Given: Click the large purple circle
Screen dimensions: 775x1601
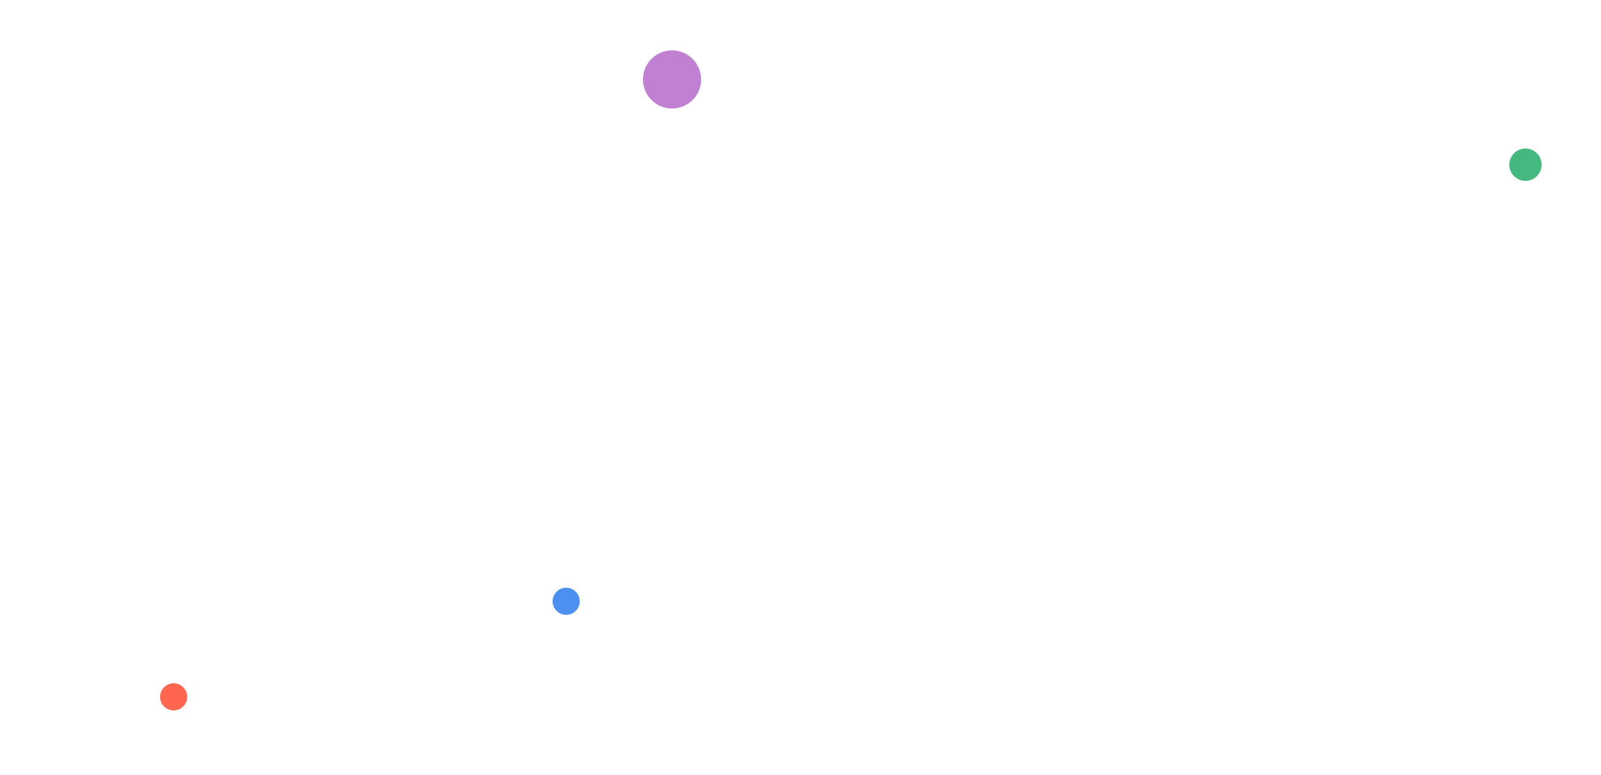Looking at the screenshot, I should click(671, 79).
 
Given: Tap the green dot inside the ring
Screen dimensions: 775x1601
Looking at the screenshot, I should click(1525, 165).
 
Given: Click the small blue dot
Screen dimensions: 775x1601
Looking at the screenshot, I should click(566, 601).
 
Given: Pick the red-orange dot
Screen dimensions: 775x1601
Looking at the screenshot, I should click(174, 697).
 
